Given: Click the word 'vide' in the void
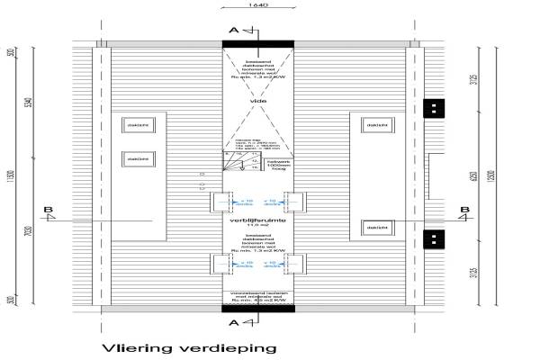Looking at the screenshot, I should [259, 102].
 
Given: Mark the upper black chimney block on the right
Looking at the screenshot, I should [433, 107].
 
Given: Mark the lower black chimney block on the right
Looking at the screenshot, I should [433, 240].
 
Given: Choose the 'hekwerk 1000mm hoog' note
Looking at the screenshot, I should [278, 163].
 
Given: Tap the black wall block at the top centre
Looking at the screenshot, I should [258, 42].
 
